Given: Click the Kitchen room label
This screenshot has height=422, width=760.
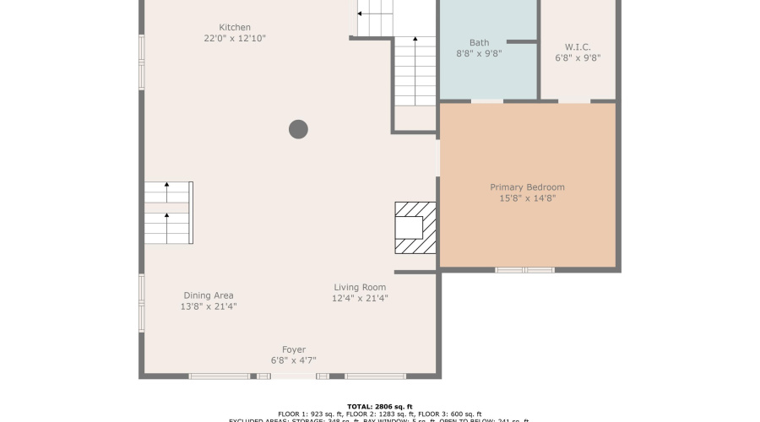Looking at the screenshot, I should click(x=234, y=27).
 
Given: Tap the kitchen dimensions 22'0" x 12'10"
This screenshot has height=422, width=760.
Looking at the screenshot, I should click(x=234, y=39).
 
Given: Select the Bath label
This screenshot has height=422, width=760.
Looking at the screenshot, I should click(x=479, y=42).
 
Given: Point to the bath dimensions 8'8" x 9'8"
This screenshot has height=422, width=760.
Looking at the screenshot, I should click(x=479, y=53).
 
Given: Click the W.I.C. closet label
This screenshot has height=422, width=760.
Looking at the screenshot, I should click(x=578, y=46).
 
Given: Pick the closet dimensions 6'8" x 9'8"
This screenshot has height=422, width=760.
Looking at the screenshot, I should click(x=578, y=58).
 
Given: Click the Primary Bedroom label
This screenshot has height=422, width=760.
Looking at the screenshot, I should click(x=527, y=187).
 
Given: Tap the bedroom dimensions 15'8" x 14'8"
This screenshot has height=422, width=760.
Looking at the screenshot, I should click(x=527, y=198).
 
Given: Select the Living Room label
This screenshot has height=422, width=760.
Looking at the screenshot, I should click(x=360, y=287).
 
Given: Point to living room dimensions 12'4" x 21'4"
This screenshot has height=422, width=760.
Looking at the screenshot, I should click(x=360, y=298).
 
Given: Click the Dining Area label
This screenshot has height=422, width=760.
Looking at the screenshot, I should click(x=209, y=295).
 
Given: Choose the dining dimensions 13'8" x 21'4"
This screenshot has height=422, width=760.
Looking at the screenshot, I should click(x=209, y=306).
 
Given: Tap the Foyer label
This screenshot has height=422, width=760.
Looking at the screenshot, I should click(x=294, y=349).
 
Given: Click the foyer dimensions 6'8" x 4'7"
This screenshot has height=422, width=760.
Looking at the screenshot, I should click(x=294, y=360).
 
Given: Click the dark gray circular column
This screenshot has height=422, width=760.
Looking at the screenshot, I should click(x=298, y=129).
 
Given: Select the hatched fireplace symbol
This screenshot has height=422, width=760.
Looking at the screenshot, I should click(x=415, y=227).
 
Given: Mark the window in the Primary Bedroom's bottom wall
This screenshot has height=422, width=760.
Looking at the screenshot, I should click(x=524, y=270).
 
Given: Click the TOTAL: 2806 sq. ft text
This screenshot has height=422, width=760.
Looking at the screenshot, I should click(x=379, y=406).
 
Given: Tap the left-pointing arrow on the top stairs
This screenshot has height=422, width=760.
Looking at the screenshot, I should click(x=361, y=14).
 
